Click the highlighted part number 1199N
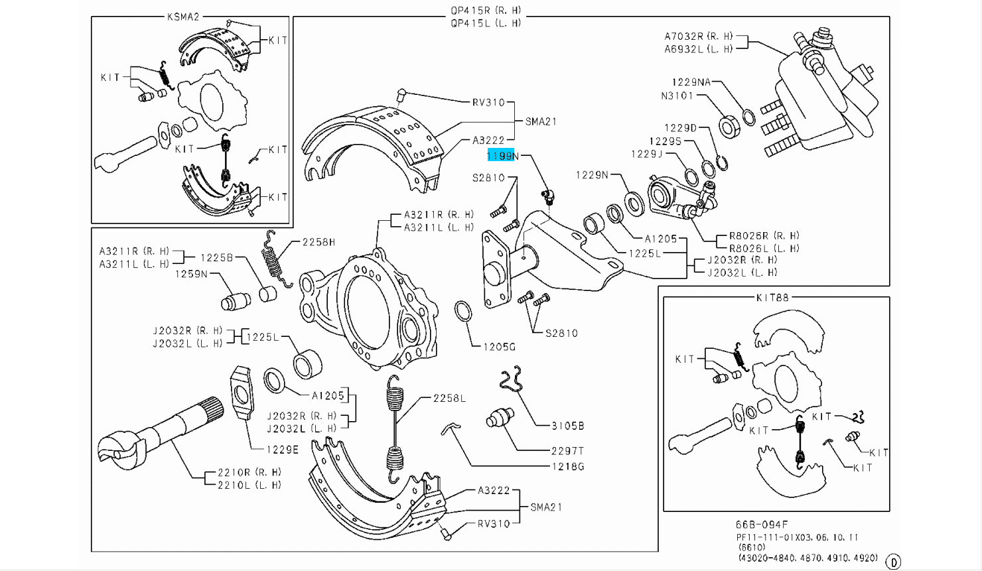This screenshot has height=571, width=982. (503, 156)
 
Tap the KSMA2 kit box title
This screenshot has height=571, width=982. (183, 17)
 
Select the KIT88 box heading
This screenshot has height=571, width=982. (772, 298)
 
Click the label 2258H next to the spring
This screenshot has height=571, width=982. (318, 242)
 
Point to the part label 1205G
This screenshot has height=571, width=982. (499, 347)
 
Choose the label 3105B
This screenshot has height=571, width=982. (567, 426)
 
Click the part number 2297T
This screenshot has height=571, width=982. (567, 451)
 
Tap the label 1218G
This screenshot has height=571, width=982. (567, 466)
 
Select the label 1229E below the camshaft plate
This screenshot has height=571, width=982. (283, 450)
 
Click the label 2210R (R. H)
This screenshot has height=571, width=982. (249, 472)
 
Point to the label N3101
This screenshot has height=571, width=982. (677, 95)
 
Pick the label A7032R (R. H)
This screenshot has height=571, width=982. (699, 36)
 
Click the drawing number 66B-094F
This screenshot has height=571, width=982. (762, 525)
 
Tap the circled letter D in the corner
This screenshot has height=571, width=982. (893, 562)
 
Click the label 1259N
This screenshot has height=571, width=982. (191, 273)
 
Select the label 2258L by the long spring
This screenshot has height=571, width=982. (449, 398)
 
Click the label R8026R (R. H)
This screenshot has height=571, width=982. (764, 235)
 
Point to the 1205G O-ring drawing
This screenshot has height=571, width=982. (463, 311)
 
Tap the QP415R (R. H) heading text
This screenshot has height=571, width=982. (486, 11)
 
